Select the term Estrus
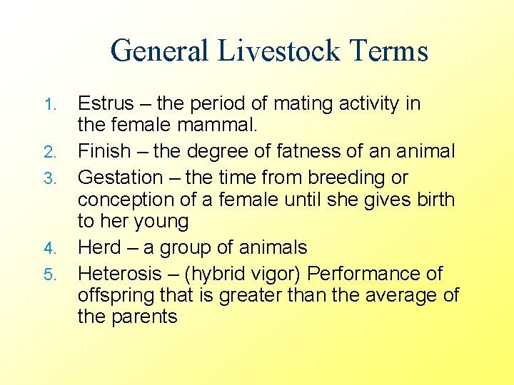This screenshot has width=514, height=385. pos(106,103)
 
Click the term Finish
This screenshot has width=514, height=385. pos(104,151)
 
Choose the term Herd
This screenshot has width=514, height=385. pos(100,248)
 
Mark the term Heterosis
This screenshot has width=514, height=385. pos(118,273)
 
